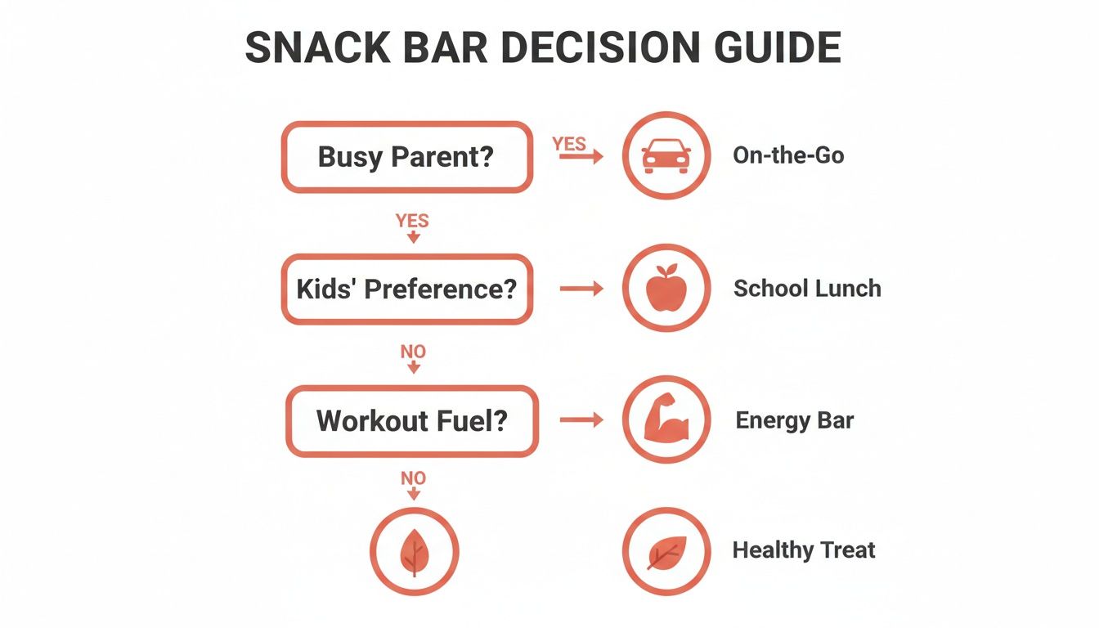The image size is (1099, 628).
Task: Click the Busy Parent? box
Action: pyautogui.click(x=406, y=157)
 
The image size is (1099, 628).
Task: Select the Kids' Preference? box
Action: pyautogui.click(x=406, y=289)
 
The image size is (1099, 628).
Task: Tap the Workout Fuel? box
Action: pyautogui.click(x=411, y=421)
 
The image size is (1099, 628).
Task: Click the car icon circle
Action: pyautogui.click(x=666, y=155)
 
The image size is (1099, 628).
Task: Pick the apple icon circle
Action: pyautogui.click(x=666, y=289)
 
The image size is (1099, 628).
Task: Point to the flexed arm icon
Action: pyautogui.click(x=666, y=421)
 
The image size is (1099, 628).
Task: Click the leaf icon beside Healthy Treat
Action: pyautogui.click(x=666, y=551)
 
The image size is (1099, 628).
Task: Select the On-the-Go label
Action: pyautogui.click(x=788, y=155)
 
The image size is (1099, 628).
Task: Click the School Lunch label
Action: pyautogui.click(x=807, y=289)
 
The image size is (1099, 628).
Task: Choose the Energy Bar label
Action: pyautogui.click(x=794, y=421)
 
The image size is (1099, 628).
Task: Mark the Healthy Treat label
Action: pyautogui.click(x=803, y=550)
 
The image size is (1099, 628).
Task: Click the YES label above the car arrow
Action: pyautogui.click(x=569, y=144)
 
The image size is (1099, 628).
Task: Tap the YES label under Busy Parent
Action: pyautogui.click(x=412, y=221)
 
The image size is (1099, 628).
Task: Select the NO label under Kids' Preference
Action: pyautogui.click(x=413, y=352)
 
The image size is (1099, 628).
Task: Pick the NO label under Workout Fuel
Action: pyautogui.click(x=413, y=478)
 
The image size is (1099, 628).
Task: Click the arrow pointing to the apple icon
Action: pyautogui.click(x=581, y=289)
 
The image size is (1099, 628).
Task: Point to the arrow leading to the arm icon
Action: pyautogui.click(x=581, y=420)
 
